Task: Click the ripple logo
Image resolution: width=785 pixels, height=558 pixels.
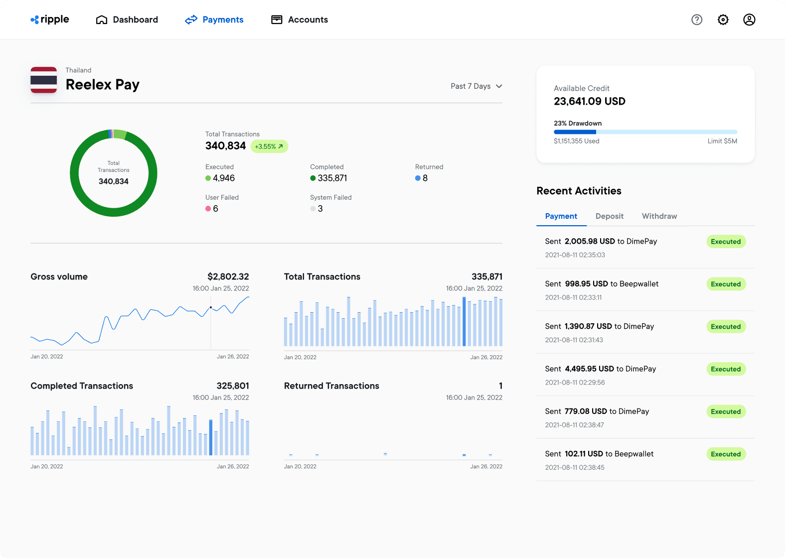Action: [x=50, y=19]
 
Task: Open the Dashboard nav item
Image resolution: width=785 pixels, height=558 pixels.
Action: [x=127, y=19]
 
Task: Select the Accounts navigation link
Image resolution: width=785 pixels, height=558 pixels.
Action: [x=300, y=19]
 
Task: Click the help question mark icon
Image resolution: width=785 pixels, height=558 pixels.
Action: [x=697, y=19]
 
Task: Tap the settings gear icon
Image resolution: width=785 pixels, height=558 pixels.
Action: [x=723, y=19]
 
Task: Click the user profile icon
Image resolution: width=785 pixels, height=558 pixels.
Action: [x=749, y=19]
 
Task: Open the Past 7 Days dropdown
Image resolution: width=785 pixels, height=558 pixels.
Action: [x=476, y=86]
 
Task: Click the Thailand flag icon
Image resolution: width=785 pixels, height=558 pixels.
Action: [x=44, y=80]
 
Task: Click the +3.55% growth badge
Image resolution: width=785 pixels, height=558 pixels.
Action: [x=269, y=146]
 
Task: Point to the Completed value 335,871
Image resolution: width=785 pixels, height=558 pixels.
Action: [x=332, y=178]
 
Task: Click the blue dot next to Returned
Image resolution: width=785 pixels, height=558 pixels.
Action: [x=418, y=178]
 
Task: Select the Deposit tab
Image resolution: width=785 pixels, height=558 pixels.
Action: [x=609, y=216]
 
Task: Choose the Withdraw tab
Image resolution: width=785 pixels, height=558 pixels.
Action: [x=659, y=216]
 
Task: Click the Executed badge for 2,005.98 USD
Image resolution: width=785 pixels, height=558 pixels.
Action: [x=726, y=242]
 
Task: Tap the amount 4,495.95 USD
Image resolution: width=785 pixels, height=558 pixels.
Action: [x=589, y=369]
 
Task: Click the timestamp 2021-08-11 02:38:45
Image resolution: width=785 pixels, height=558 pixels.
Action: [x=575, y=467]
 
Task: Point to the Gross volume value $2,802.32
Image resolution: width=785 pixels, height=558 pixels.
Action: [x=228, y=277]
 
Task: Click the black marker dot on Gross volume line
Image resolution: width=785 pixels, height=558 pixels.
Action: [x=211, y=307]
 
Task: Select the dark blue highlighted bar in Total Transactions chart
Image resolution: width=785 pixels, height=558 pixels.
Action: [x=464, y=321]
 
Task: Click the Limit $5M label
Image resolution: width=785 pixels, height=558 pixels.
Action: [x=722, y=141]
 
